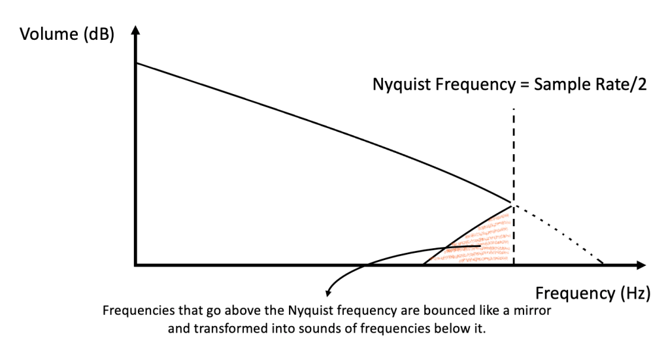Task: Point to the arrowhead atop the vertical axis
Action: pos(135,30)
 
